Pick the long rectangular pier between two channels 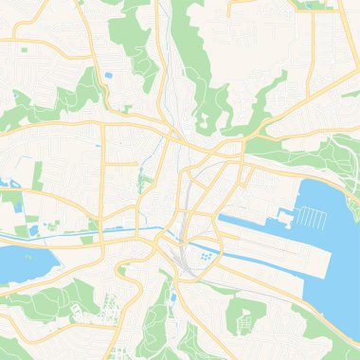(x=256, y=244)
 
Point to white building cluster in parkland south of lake (x=112, y=308)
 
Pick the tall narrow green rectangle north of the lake (x=40, y=174)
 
